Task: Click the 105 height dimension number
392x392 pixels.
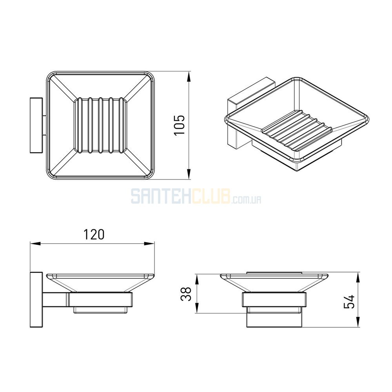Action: [180, 125]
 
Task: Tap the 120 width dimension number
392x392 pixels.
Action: [94, 234]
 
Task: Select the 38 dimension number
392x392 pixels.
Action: [186, 294]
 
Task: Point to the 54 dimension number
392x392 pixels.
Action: [349, 302]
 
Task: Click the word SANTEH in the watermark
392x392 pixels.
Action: [161, 196]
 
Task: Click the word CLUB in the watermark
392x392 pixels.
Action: [211, 196]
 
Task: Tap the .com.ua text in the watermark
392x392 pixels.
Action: [246, 199]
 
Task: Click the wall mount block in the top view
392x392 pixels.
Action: [36, 125]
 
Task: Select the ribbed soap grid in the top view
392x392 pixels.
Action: [100, 125]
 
